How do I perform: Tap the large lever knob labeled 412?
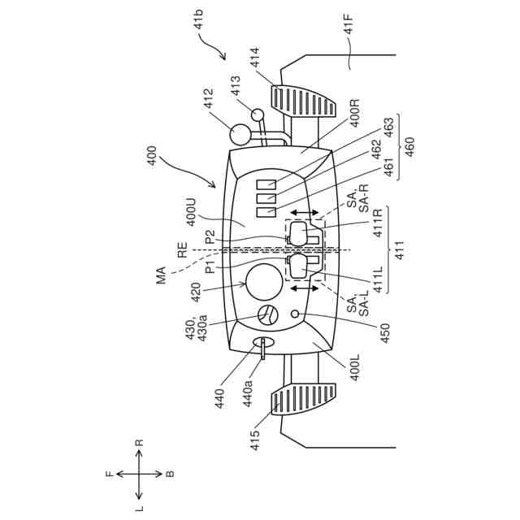tap(240, 134)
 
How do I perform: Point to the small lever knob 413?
tap(258, 115)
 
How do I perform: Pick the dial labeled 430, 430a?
tap(267, 315)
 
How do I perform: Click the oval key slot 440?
tap(264, 344)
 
